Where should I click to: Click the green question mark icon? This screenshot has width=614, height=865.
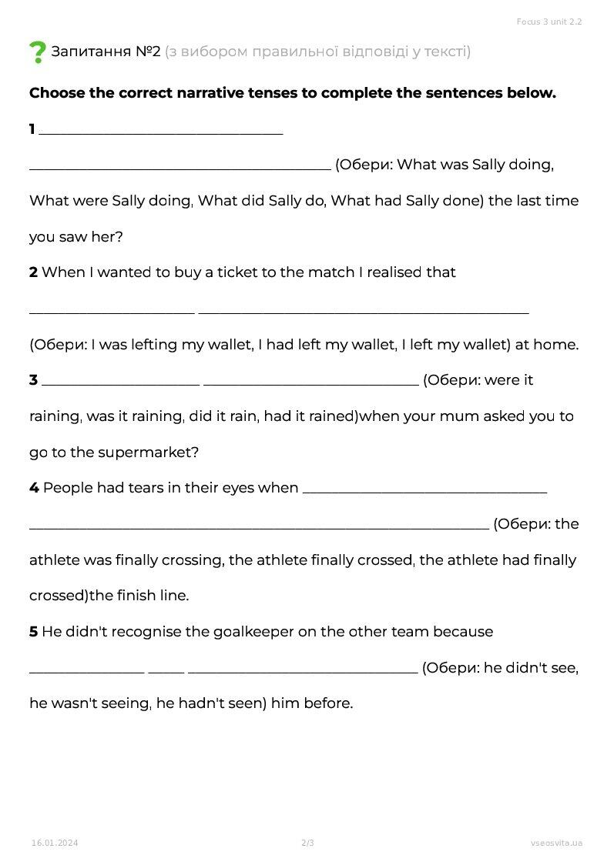[x=38, y=52]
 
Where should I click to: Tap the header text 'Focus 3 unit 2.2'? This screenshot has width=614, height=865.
[x=549, y=22]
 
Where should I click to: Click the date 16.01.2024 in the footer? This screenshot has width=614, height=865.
[x=55, y=843]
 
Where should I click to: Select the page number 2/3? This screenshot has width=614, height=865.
[x=307, y=843]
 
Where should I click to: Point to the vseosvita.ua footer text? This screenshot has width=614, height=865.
[x=556, y=843]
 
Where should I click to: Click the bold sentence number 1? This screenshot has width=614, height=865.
[x=32, y=129]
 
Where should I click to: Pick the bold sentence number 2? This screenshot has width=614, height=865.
[x=34, y=272]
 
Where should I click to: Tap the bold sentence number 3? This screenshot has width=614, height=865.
[x=34, y=380]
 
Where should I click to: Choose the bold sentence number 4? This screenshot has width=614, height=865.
[x=34, y=488]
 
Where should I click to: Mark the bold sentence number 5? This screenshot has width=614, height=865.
[x=34, y=632]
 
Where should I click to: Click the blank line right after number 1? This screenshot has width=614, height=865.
[x=160, y=132]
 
